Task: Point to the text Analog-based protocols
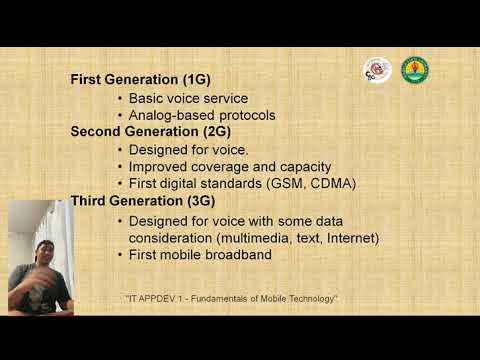coord(202,115)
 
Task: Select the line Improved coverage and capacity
coord(230,166)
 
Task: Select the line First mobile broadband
coord(201,255)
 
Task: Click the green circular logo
coord(414,69)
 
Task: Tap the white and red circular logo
coord(377,69)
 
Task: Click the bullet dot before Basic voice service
coord(120,99)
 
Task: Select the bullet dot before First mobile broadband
coord(120,255)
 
